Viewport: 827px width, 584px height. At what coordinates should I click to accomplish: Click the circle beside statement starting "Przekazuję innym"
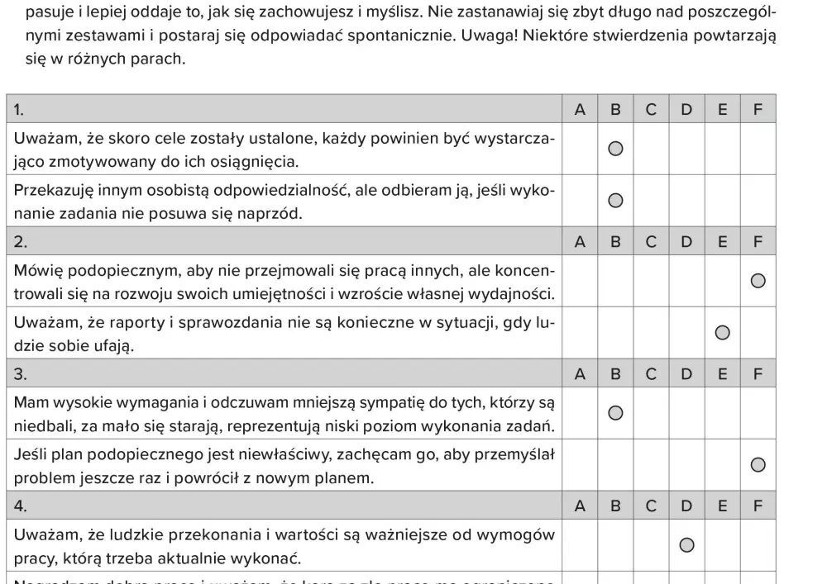615,201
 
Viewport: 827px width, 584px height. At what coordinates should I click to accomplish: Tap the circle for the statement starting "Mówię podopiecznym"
758,281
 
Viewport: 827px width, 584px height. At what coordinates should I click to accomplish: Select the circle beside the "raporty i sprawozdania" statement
722,333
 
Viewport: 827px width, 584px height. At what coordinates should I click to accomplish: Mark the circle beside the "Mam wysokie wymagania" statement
615,413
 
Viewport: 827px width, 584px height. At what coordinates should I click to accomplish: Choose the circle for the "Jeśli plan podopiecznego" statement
758,465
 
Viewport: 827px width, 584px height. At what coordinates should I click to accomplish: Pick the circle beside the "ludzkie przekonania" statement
686,545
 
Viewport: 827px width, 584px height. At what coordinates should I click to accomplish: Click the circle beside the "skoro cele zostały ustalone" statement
615,149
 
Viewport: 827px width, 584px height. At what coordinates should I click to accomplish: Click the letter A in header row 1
580,109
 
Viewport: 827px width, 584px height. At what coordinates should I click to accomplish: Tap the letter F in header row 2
758,242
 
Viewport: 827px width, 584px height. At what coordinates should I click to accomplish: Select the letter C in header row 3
651,374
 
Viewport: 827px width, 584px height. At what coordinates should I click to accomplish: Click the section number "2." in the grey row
21,242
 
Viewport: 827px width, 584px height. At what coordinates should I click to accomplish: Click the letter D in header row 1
686,109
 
